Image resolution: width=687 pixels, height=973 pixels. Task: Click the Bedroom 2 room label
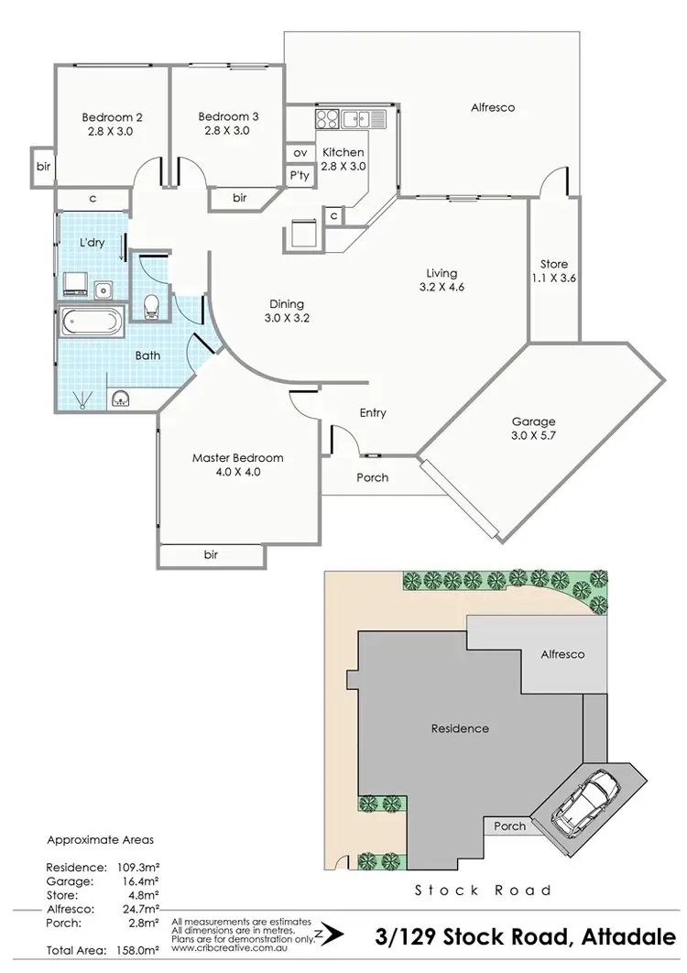112,124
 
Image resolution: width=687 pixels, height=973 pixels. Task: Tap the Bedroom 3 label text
228,124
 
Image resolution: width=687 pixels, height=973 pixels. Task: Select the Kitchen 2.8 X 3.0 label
343,159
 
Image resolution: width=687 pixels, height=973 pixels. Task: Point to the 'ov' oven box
300,153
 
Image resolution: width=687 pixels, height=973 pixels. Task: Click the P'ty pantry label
300,175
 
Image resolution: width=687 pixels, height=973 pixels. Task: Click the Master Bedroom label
237,465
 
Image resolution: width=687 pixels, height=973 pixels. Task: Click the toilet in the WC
153,304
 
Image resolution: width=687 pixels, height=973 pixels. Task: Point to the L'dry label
91,243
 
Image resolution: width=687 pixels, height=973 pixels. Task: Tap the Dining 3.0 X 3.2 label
286,312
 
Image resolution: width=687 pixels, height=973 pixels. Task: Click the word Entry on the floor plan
373,413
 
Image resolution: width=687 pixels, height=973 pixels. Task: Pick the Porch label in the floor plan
372,477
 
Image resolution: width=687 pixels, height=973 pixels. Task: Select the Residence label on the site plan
460,729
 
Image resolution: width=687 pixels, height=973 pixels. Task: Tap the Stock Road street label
483,890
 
